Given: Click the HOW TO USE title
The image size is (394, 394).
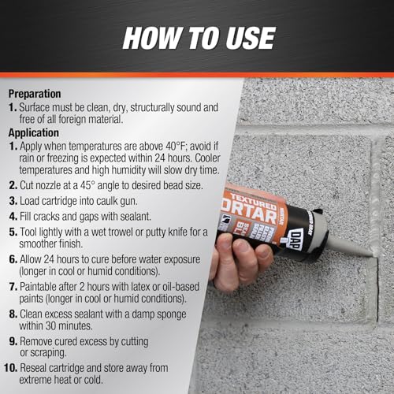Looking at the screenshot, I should point(196,38).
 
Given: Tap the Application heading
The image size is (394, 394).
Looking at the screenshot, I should point(37,134).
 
